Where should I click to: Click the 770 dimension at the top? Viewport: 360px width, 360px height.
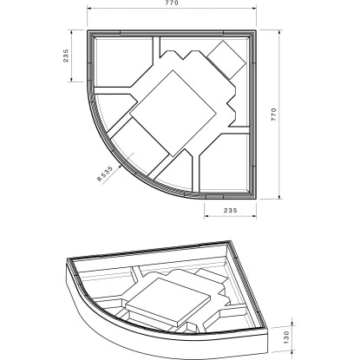[172, 3]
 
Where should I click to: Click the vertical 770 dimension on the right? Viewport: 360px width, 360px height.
[274, 115]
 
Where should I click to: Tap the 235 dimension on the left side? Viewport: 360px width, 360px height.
[66, 56]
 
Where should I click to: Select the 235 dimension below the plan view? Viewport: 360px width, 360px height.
[231, 210]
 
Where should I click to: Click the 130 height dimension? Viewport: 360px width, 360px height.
[286, 337]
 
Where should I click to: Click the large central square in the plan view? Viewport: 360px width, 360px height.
[173, 114]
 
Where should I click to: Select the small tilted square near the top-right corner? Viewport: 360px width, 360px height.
[227, 60]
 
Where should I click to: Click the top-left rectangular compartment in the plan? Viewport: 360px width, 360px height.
[124, 62]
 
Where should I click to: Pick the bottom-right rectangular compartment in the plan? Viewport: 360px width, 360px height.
[224, 161]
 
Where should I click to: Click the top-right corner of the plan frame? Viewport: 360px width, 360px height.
[256, 29]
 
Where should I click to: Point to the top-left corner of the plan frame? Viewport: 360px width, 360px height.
[88, 29]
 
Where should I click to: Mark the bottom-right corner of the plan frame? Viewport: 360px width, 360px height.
[256, 199]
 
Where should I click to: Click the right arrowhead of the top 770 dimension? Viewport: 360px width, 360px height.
[254, 8]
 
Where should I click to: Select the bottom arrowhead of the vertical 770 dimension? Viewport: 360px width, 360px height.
[279, 197]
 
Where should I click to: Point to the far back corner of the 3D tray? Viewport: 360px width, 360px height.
[230, 240]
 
